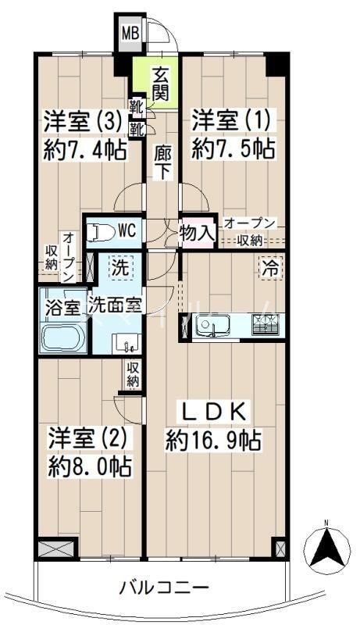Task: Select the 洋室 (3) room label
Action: tap(84, 122)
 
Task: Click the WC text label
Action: tap(128, 230)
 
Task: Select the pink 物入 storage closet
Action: tap(197, 233)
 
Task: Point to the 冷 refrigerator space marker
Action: tap(270, 268)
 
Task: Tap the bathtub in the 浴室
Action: tap(62, 337)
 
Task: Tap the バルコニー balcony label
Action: tap(165, 587)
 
